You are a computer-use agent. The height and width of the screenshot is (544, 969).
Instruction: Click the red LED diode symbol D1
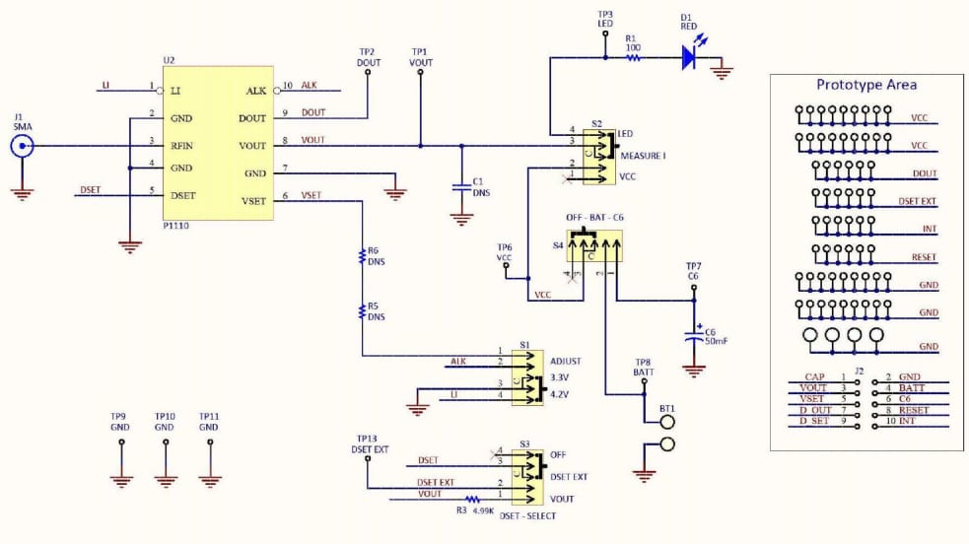pyautogui.click(x=690, y=58)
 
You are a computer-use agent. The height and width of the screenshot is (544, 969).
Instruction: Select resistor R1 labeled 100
pyautogui.click(x=633, y=58)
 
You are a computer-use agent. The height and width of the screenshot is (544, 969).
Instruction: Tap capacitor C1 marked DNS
pyautogui.click(x=460, y=185)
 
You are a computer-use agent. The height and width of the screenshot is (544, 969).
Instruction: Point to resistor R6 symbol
pyautogui.click(x=362, y=257)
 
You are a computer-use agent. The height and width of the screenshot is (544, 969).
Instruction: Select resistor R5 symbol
pyautogui.click(x=362, y=311)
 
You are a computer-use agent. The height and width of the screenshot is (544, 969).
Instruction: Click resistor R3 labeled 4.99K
pyautogui.click(x=472, y=501)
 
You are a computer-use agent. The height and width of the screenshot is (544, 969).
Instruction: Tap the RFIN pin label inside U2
pyautogui.click(x=183, y=146)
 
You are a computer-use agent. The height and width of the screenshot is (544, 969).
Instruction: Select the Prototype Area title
pyautogui.click(x=866, y=85)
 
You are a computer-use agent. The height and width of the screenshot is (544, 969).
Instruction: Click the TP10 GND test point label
pyautogui.click(x=165, y=422)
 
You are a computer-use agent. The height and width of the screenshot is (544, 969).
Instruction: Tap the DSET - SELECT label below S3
pyautogui.click(x=527, y=515)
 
